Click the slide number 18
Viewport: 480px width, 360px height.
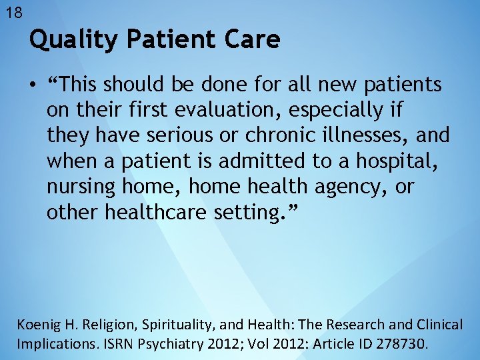point(13,12)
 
